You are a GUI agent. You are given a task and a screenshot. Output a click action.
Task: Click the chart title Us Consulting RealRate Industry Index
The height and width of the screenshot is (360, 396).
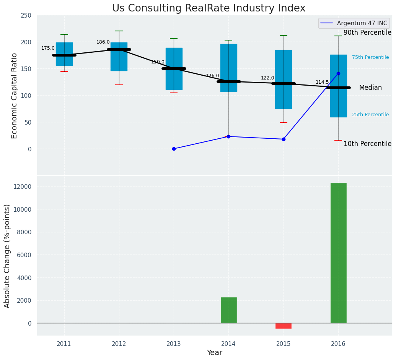209,8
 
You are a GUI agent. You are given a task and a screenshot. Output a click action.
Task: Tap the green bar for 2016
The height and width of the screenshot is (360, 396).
338,253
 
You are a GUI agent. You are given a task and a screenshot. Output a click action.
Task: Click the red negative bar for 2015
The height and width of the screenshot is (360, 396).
284,326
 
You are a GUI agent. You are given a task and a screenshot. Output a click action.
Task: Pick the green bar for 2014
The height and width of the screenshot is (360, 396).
228,310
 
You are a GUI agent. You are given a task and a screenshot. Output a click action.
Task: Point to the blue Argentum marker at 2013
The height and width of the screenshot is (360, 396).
174,149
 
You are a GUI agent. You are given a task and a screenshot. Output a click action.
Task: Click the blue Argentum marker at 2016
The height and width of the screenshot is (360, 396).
338,73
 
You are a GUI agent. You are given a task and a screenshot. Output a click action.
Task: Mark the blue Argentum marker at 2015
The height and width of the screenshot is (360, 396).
284,139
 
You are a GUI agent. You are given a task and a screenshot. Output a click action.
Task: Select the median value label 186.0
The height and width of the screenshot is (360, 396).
103,42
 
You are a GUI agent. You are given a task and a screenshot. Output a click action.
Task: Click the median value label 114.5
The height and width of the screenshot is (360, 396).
322,82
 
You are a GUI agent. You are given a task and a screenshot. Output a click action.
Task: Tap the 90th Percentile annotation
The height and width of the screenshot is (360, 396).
367,33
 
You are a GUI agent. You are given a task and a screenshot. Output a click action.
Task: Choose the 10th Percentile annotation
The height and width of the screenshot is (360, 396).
367,144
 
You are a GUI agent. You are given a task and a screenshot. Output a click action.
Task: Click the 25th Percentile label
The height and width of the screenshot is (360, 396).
370,115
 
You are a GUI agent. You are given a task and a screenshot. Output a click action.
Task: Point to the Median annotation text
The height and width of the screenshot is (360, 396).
370,88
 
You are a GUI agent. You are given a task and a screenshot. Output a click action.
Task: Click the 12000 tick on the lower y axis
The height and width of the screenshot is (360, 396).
24,186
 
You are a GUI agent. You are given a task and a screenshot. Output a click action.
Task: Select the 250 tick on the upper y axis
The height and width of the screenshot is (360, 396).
26,15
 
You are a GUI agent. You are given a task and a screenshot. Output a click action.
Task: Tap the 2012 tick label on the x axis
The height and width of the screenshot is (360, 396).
119,344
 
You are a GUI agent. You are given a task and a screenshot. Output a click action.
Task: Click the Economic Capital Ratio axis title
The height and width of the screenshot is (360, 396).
15,96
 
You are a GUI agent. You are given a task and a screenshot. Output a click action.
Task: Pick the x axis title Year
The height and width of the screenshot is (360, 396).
214,353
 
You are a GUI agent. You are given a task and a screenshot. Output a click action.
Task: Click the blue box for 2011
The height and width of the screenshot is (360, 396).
64,54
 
